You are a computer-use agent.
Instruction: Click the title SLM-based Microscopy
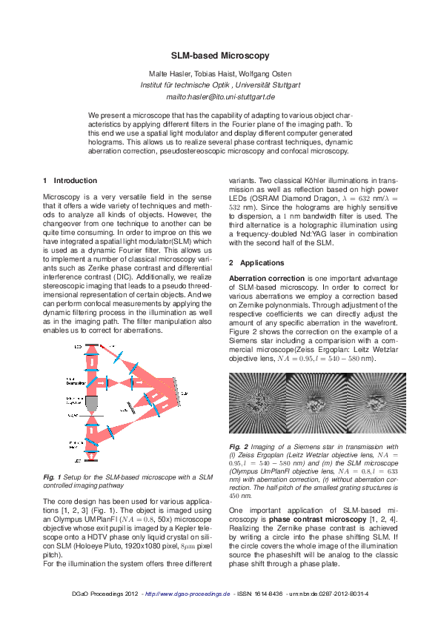(220, 56)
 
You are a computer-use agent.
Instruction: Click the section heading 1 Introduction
(70, 180)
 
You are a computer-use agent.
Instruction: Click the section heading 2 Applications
(256, 263)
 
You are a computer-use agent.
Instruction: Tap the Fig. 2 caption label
(238, 447)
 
